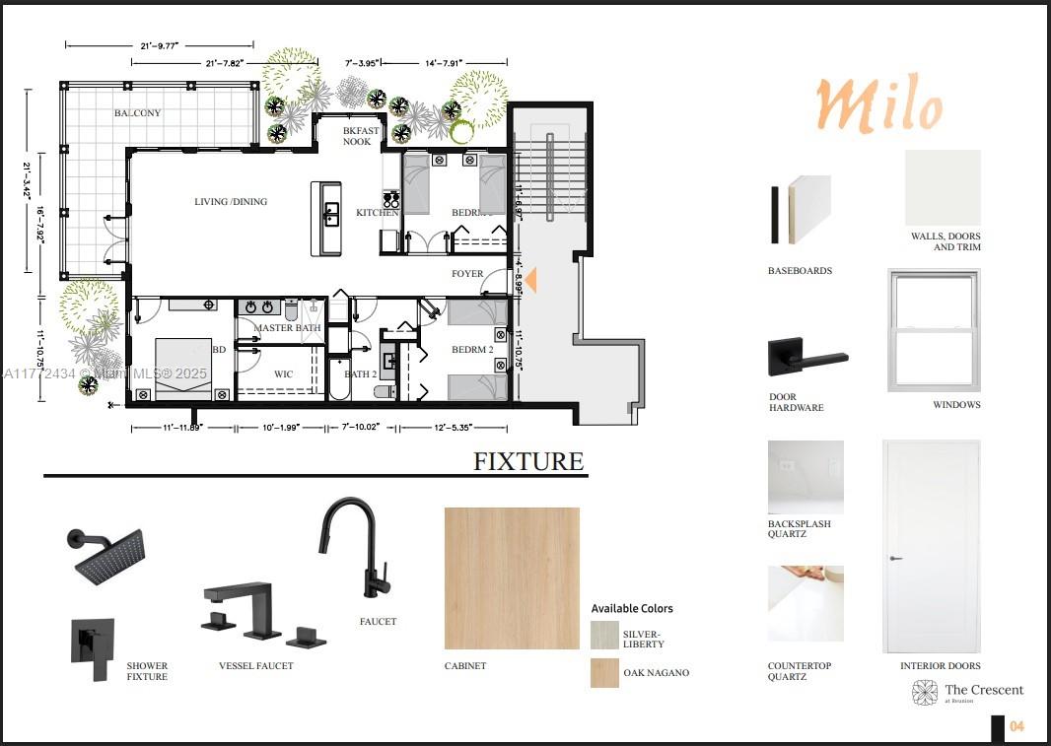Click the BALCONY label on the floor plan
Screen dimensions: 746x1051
click(137, 113)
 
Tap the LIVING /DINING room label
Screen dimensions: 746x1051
click(231, 202)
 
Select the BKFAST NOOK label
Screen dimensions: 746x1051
click(358, 136)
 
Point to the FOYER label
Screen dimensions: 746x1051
click(467, 274)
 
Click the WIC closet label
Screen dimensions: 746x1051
click(283, 374)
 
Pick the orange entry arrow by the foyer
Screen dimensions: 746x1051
click(530, 280)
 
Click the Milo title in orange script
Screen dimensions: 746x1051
click(877, 104)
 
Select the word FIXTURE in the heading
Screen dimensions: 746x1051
click(528, 461)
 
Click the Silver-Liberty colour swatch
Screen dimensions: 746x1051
click(604, 634)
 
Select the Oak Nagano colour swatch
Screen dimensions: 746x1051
click(604, 672)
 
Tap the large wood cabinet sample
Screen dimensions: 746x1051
click(512, 577)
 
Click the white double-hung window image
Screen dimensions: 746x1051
click(933, 329)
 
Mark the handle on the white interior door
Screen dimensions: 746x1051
click(894, 558)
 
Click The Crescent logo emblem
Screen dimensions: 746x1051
click(925, 693)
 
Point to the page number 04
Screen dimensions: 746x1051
click(1017, 726)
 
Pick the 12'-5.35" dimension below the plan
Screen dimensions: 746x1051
click(459, 428)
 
